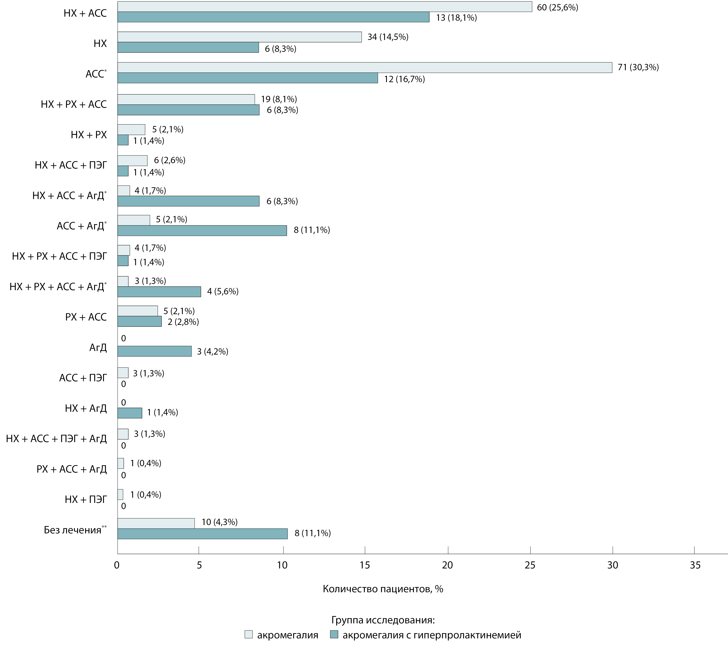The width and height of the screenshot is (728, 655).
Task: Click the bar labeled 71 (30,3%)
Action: click(365, 68)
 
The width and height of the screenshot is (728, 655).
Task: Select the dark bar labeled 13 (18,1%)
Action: click(273, 17)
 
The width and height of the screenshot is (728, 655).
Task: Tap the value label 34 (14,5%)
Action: click(388, 37)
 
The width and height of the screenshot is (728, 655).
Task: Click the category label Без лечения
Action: click(73, 530)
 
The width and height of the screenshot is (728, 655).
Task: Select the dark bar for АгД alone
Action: click(154, 351)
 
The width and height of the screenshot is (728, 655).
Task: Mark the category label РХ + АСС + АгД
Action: click(72, 469)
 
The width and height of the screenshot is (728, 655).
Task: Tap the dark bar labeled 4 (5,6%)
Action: click(159, 291)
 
